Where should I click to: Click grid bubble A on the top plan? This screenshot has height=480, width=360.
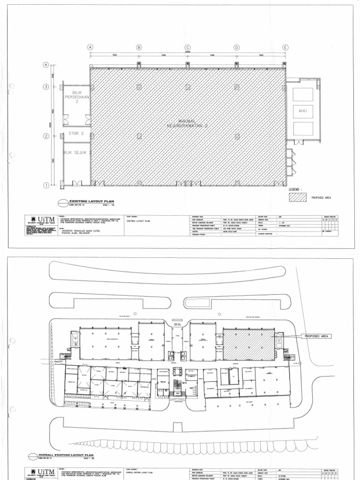pyautogui.click(x=90, y=47)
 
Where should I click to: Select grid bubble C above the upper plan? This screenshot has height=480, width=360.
pyautogui.click(x=187, y=47)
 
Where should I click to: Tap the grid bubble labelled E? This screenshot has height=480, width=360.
pyautogui.click(x=285, y=47)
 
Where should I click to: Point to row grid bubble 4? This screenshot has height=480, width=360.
pyautogui.click(x=46, y=65)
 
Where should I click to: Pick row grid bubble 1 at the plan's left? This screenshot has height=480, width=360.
pyautogui.click(x=46, y=186)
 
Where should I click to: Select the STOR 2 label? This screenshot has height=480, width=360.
pyautogui.click(x=75, y=134)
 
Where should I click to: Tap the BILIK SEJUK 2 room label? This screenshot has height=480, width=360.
pyautogui.click(x=77, y=153)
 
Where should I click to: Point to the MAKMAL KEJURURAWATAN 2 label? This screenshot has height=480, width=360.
pyautogui.click(x=187, y=124)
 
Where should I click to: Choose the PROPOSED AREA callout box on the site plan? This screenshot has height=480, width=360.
pyautogui.click(x=318, y=337)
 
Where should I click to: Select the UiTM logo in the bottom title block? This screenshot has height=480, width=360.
pyautogui.click(x=44, y=474)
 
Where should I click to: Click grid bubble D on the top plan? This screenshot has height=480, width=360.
pyautogui.click(x=236, y=47)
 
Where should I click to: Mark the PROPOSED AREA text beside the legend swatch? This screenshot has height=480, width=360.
pyautogui.click(x=321, y=198)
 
